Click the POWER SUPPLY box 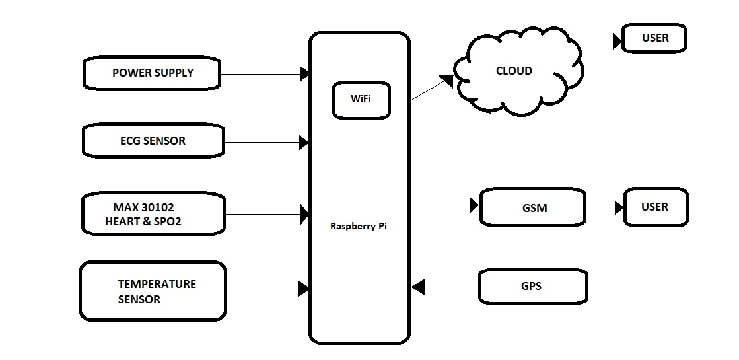(x=153, y=73)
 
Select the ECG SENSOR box (x=153, y=141)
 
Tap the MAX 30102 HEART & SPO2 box (x=153, y=214)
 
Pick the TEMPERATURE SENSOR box (x=153, y=291)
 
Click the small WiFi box (x=361, y=99)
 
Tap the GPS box (x=532, y=286)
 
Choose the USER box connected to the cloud (x=654, y=38)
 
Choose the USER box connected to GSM (x=654, y=207)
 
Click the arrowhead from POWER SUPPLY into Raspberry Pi (x=304, y=74)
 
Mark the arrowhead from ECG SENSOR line (x=304, y=142)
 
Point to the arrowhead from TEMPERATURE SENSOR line (x=304, y=288)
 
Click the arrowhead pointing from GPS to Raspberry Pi (x=419, y=287)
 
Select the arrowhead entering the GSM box (x=474, y=205)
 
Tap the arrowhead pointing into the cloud (x=446, y=80)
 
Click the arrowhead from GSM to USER (x=619, y=207)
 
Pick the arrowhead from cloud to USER (x=617, y=42)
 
